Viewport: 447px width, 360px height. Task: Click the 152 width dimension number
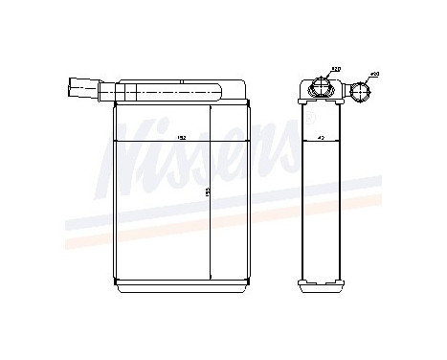pos(179,140)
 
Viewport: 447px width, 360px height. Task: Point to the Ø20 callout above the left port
pos(336,70)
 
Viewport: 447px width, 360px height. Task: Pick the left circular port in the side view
pos(320,90)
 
